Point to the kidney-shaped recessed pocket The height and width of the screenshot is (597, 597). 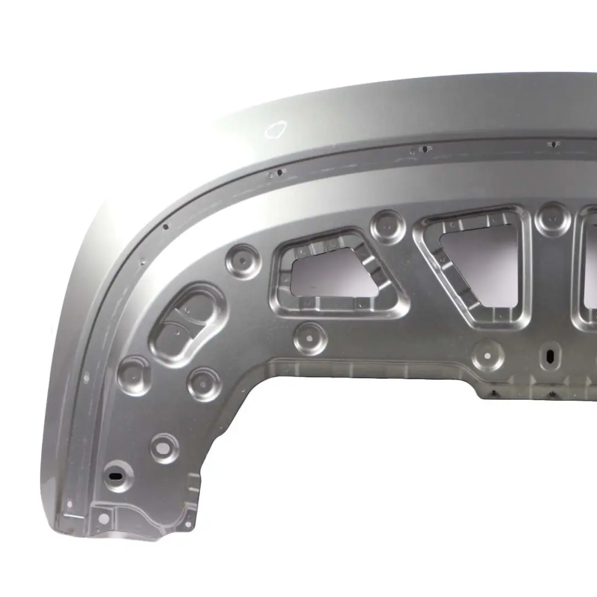click(x=188, y=323)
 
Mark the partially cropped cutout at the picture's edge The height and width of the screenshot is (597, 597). click(x=589, y=265)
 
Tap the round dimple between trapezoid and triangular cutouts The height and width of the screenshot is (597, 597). click(x=388, y=227)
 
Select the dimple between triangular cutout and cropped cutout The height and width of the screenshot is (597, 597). click(x=552, y=220)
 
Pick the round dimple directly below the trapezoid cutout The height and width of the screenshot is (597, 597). click(x=310, y=338)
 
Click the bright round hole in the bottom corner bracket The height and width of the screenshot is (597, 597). click(x=103, y=517)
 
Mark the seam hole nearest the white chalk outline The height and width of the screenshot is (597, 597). click(x=280, y=172)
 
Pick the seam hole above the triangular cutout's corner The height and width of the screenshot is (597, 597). click(x=423, y=149)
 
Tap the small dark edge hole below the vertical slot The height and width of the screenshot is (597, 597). click(x=552, y=394)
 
